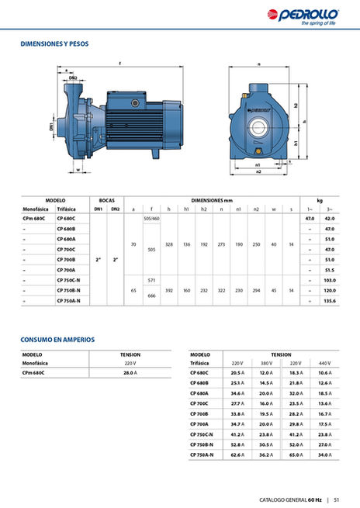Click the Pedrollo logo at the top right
pyautogui.click(x=323, y=13)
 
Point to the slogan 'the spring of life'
pyautogui.click(x=322, y=23)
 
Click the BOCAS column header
pyautogui.click(x=106, y=199)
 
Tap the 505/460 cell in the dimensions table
pyautogui.click(x=152, y=219)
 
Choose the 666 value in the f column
pyautogui.click(x=152, y=295)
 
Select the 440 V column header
pyautogui.click(x=324, y=363)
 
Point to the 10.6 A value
pyautogui.click(x=324, y=372)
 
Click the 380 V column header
pyautogui.click(x=265, y=363)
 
